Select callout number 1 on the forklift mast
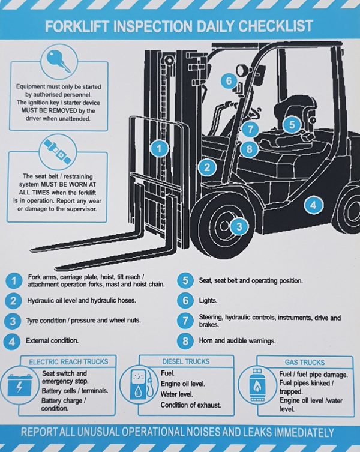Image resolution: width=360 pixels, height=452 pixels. (158, 147)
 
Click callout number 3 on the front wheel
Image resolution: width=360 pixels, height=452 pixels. (239, 226)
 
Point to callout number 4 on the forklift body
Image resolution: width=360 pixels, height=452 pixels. (313, 205)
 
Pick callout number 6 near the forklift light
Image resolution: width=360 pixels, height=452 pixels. (228, 80)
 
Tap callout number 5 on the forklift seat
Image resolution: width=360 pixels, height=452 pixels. (292, 124)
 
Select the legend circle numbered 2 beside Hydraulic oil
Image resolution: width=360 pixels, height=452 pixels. (13, 301)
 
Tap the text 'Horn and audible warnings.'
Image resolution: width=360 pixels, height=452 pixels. (237, 341)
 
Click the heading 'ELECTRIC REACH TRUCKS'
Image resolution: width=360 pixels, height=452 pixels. (69, 361)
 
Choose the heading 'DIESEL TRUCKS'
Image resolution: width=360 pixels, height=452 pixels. (186, 361)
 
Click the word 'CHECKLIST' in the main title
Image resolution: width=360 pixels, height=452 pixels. (276, 27)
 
